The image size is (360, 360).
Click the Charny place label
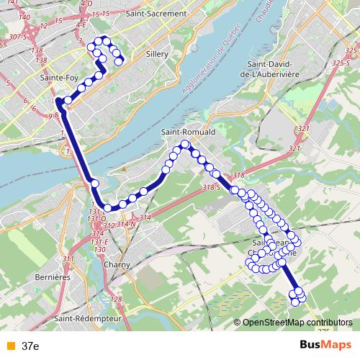click(x=117, y=264)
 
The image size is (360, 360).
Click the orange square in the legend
click(x=10, y=346)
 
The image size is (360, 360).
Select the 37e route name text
click(x=30, y=346)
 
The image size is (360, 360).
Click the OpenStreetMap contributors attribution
click(x=297, y=322)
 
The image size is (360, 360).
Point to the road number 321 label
click(x=302, y=128)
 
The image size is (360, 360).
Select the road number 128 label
click(x=117, y=299)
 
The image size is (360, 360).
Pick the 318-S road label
click(x=211, y=187)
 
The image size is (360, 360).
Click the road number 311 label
click(x=68, y=259)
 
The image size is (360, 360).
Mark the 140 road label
click(x=24, y=16)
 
